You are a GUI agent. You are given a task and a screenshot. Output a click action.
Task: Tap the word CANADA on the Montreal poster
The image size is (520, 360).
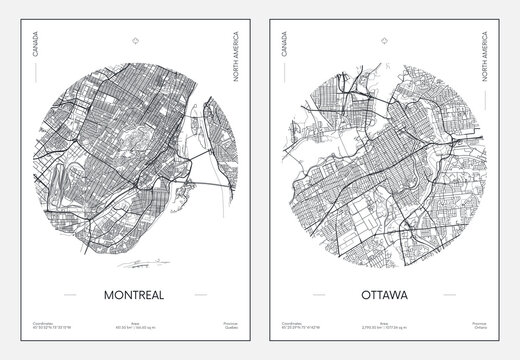(37, 48)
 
